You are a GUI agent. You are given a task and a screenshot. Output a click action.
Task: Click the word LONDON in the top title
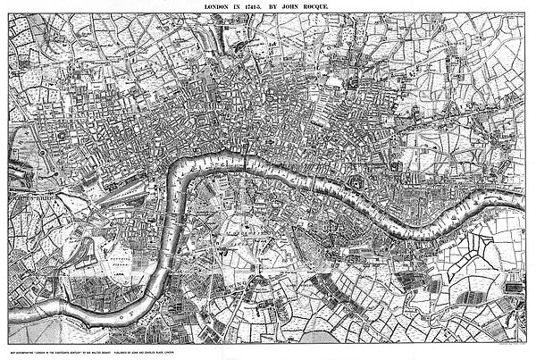click(x=217, y=7)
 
